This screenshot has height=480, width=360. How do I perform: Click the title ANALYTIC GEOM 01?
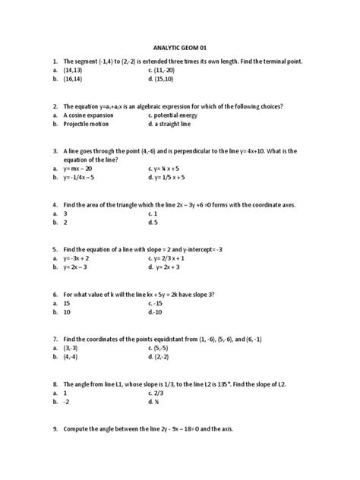(179, 46)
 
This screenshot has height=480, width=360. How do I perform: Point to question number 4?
(55, 205)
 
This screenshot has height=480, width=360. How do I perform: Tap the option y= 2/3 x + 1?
(172, 258)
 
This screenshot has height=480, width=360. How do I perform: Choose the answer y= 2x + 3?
(172, 267)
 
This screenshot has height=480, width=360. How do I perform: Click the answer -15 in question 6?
(159, 303)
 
